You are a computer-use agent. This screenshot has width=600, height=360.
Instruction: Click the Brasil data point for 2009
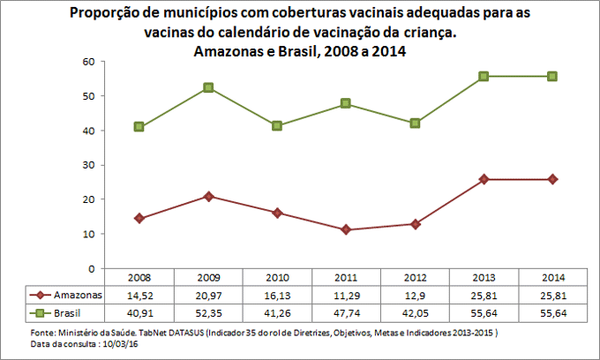click(208, 87)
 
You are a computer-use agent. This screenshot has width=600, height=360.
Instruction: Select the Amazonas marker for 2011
click(346, 229)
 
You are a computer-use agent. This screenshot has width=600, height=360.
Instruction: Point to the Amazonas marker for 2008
click(139, 218)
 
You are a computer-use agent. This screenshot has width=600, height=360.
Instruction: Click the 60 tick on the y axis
click(88, 62)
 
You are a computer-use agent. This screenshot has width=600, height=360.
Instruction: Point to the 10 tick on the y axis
click(88, 234)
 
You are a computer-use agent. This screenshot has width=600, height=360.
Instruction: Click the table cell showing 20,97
click(208, 295)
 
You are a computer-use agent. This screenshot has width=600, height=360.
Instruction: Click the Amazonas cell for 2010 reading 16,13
click(277, 295)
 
